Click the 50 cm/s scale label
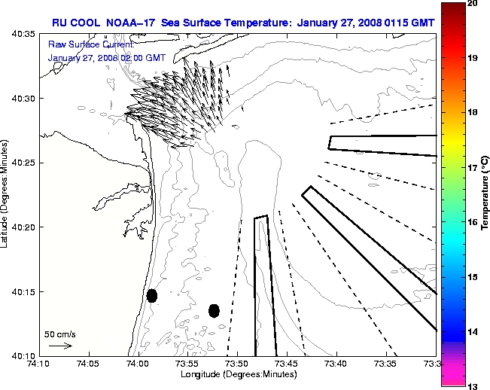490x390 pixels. [x=59, y=333]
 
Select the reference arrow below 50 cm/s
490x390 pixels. [x=60, y=346]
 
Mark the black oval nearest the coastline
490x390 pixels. [x=152, y=295]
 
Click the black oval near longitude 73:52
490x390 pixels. [x=214, y=310]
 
